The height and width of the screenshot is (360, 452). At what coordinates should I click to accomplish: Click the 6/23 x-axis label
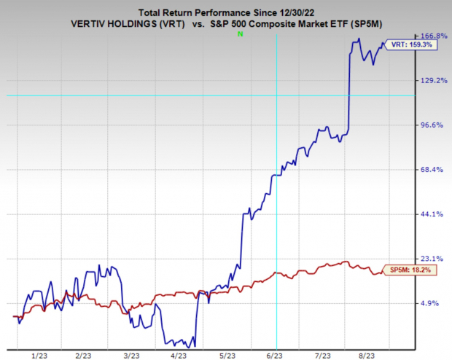276,354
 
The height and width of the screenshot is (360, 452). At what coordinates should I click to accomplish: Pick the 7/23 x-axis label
323,354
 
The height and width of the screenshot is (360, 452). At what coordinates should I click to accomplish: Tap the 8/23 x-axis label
370,354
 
